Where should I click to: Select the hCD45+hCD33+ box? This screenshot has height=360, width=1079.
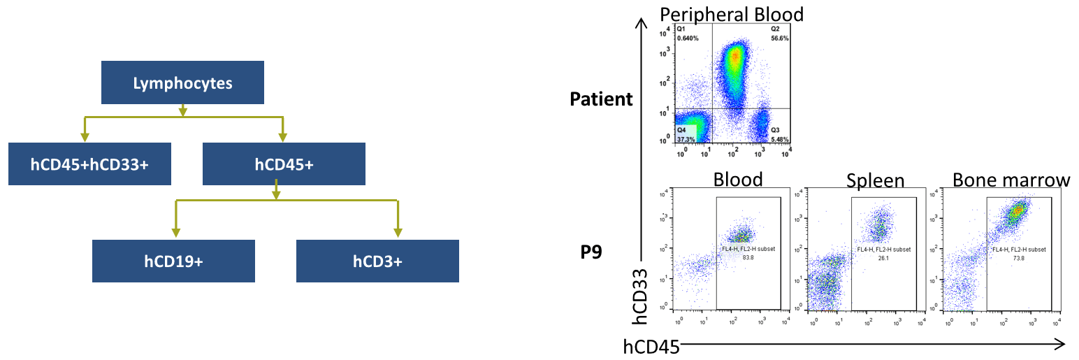click(x=89, y=164)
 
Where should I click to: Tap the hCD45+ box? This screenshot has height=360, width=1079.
click(x=283, y=164)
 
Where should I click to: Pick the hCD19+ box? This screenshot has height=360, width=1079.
click(x=173, y=261)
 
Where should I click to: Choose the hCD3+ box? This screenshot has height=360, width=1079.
click(x=377, y=261)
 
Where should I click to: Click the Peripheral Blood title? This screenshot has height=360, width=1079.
click(x=732, y=14)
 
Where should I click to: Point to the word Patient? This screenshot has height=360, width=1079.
click(x=601, y=99)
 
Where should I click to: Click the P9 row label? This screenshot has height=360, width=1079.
click(x=592, y=252)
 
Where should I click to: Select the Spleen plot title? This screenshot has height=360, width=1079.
click(x=875, y=181)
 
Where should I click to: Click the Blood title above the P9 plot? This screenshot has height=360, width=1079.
click(x=738, y=180)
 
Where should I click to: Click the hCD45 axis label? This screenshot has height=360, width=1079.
click(x=651, y=346)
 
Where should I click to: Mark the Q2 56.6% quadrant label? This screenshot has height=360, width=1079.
click(x=779, y=34)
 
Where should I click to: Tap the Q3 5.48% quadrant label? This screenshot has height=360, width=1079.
click(x=779, y=134)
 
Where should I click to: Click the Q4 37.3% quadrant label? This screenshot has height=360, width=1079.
click(x=686, y=134)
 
